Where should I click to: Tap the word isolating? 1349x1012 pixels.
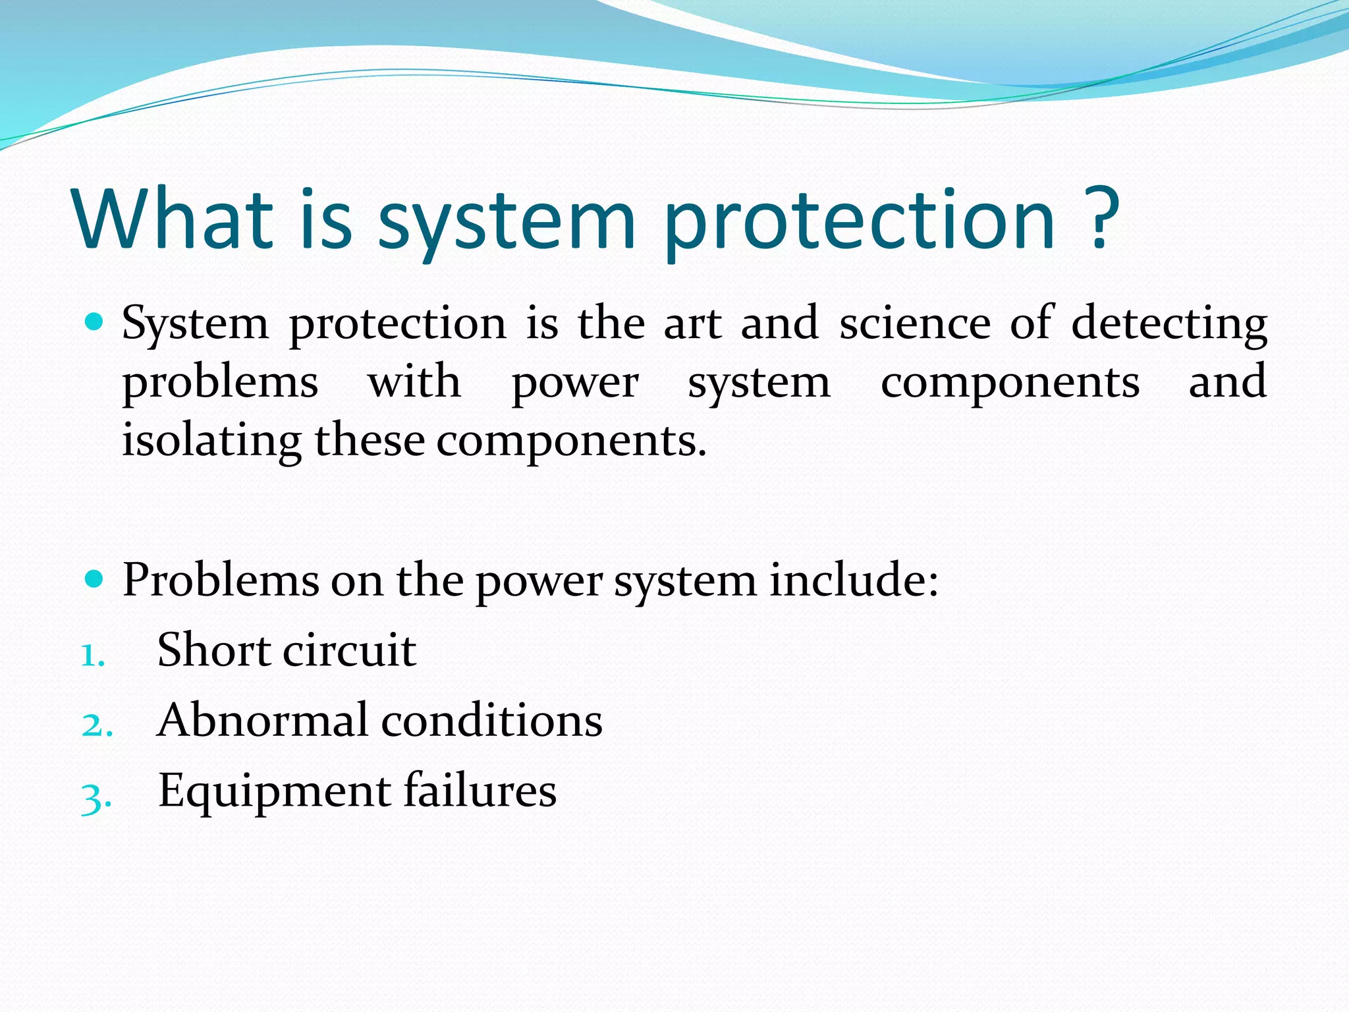[x=211, y=441]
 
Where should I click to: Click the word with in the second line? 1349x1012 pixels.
[x=414, y=381]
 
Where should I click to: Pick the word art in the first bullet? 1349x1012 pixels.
[x=692, y=324]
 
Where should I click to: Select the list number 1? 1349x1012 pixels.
[x=93, y=656]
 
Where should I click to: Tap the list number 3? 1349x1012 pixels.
[x=96, y=798]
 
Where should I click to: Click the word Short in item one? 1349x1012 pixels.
[x=214, y=650]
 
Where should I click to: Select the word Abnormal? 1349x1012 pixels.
[x=263, y=720]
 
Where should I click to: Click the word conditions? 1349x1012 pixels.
[x=492, y=720]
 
